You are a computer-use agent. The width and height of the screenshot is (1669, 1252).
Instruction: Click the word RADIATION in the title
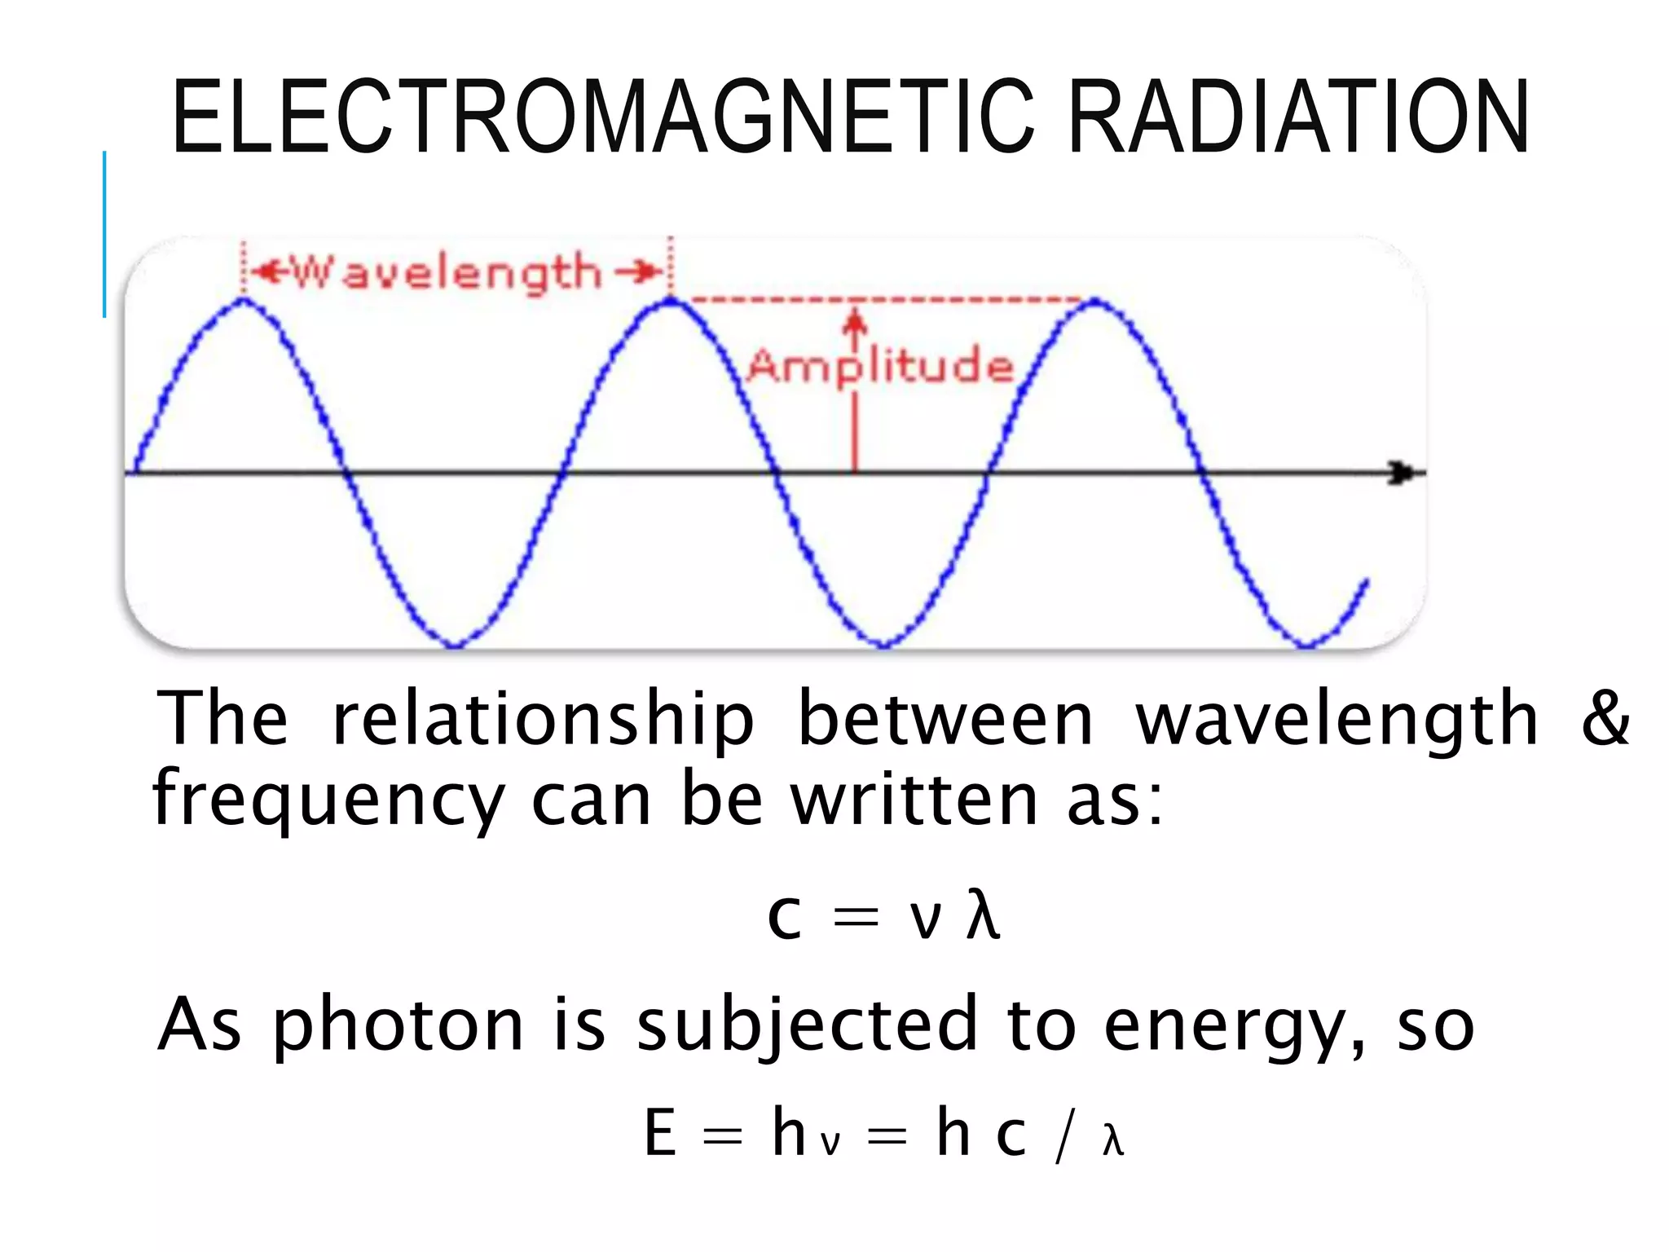coord(1297,117)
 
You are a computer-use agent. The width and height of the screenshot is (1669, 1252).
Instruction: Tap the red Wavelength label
coord(447,272)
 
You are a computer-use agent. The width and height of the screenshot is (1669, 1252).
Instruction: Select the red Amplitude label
coord(880,366)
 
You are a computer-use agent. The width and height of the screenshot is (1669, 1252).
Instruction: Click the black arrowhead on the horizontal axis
coord(1402,473)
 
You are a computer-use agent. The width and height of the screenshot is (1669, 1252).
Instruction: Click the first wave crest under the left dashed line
coord(244,301)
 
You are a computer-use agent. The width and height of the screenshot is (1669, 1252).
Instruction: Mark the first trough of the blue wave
coord(455,645)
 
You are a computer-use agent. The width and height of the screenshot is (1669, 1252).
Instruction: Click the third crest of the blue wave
coord(1094,302)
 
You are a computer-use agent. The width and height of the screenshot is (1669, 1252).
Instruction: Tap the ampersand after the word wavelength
coord(1605,717)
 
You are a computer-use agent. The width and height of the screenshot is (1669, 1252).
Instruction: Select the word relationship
coord(543,719)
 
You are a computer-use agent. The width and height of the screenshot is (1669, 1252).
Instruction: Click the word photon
coord(398,1025)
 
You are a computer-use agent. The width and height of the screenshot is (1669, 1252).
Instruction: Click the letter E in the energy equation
coord(660,1132)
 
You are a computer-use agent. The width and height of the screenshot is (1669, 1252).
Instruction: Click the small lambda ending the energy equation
coord(1112,1140)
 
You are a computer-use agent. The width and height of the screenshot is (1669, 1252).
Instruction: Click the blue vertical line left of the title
coord(104,234)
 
